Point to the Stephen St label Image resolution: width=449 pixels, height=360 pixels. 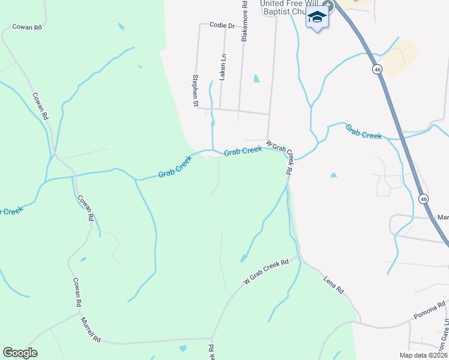(x=195, y=91)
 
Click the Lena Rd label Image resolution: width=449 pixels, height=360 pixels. (x=333, y=284)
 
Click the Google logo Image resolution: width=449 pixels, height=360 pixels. (x=20, y=353)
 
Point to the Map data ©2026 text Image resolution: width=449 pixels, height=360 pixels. (x=423, y=355)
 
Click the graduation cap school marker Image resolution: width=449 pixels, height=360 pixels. (x=318, y=19)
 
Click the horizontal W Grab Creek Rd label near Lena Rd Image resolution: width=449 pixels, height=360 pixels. (x=266, y=271)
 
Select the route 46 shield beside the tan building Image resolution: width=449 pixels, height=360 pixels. (x=376, y=70)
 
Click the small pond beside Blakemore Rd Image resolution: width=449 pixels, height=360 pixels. (x=257, y=79)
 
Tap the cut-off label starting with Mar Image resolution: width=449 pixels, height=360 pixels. (x=443, y=217)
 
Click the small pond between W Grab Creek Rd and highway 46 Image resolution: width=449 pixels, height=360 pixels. (x=334, y=175)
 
